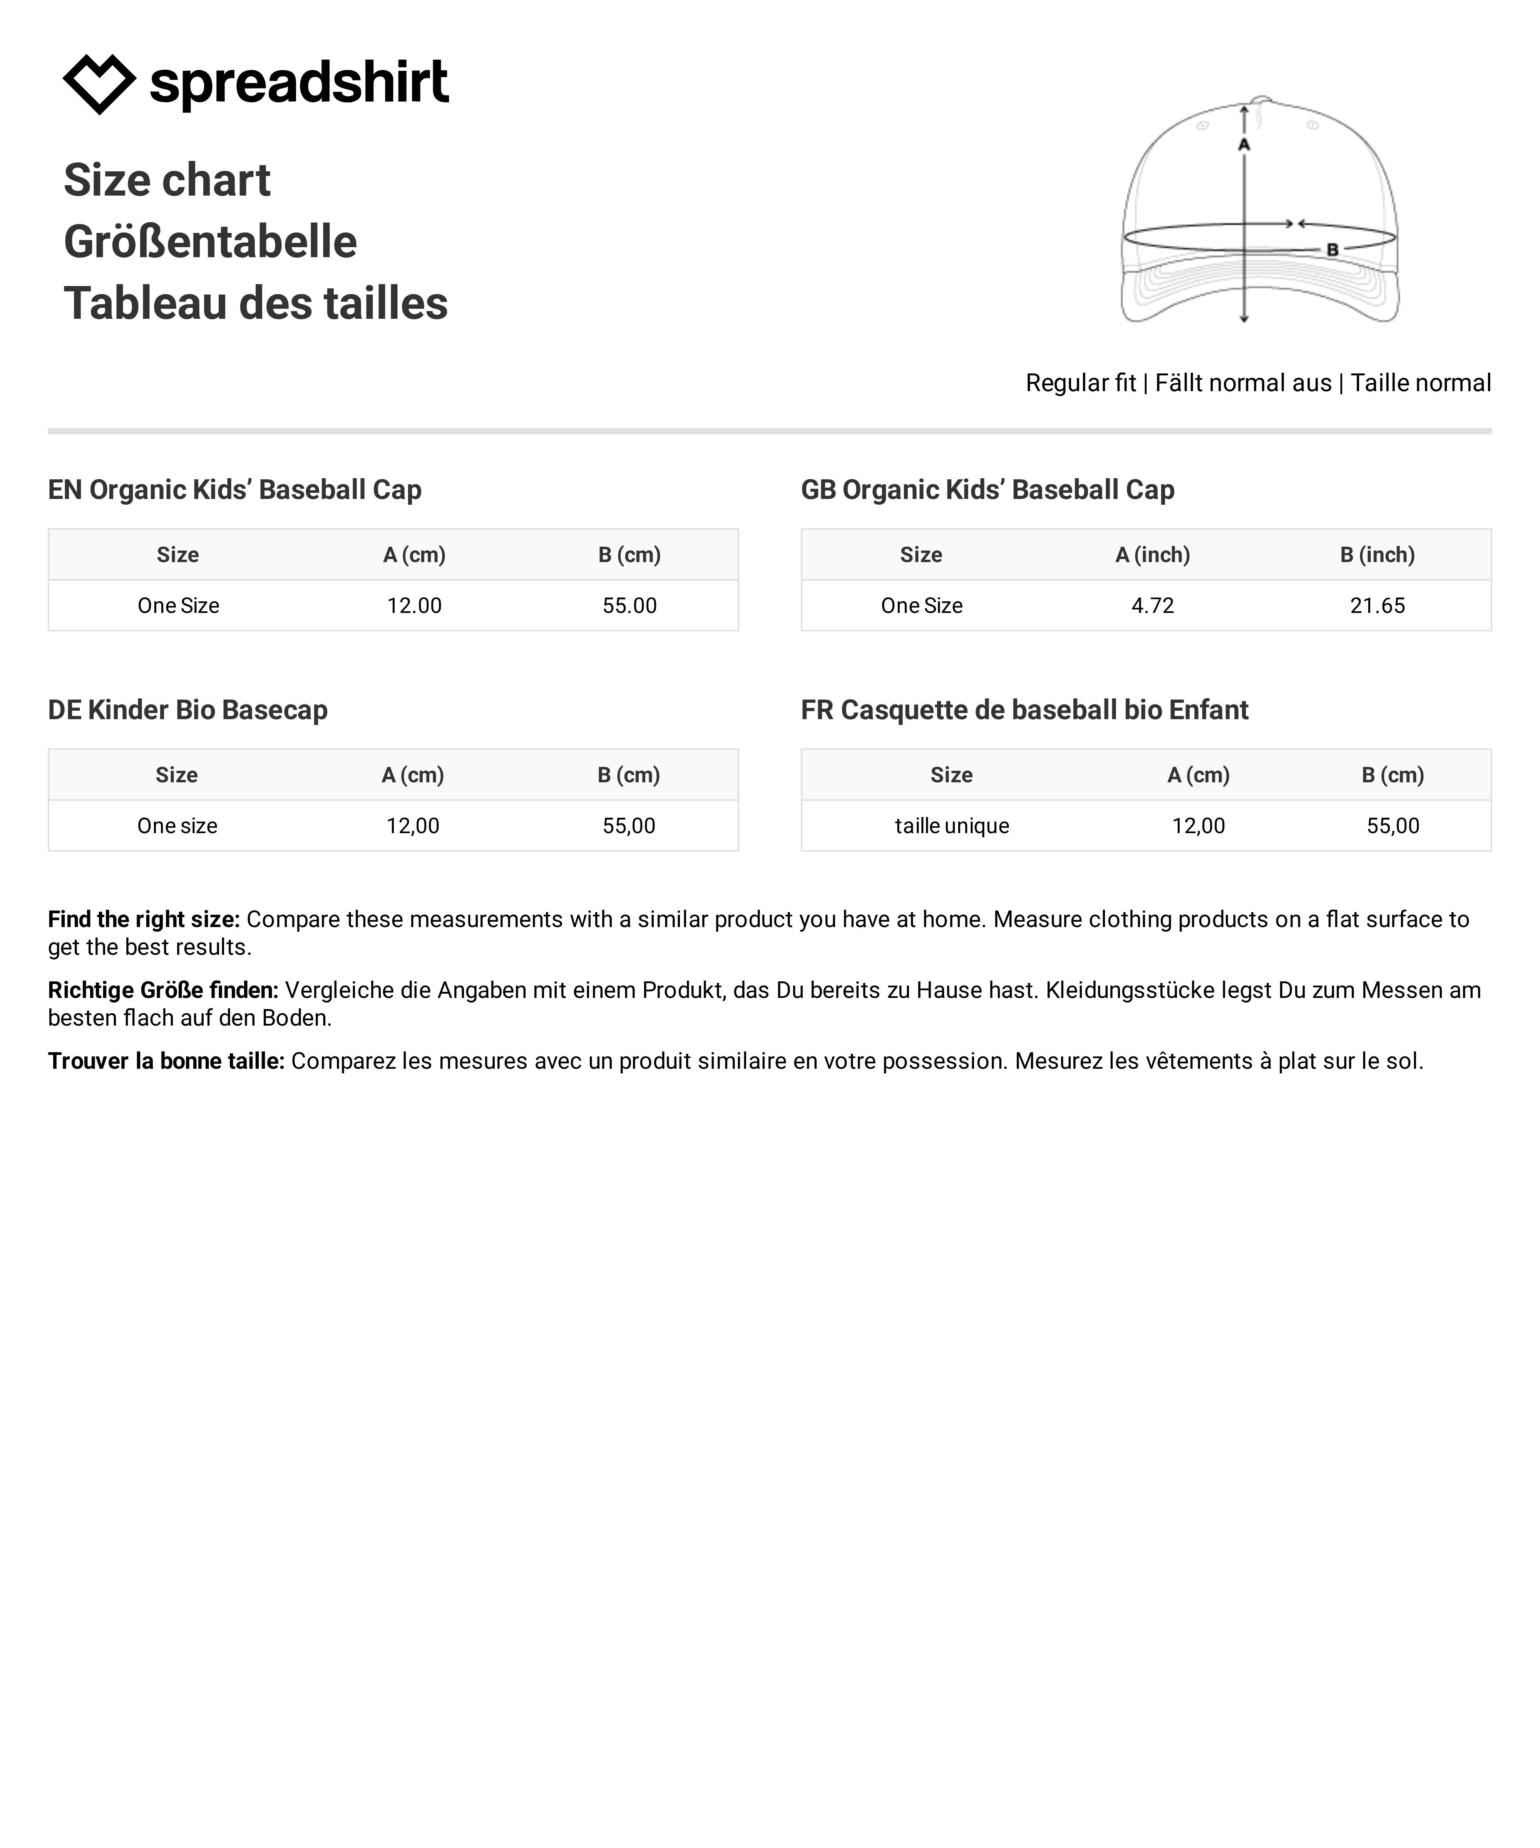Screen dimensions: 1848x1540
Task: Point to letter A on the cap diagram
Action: click(x=1244, y=144)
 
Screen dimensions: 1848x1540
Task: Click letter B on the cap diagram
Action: click(x=1332, y=250)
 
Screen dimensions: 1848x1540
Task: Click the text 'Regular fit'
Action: click(x=1081, y=383)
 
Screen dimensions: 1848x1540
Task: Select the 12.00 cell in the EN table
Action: click(x=415, y=606)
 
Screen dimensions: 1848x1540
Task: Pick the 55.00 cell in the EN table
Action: click(x=629, y=606)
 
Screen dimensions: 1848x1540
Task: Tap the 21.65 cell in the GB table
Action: click(x=1377, y=606)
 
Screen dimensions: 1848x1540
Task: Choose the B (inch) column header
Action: click(x=1377, y=554)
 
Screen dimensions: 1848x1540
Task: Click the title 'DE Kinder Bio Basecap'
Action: click(x=187, y=709)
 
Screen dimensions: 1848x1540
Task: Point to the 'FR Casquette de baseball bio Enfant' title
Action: click(x=1024, y=709)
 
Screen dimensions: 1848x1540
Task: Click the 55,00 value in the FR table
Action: click(x=1392, y=825)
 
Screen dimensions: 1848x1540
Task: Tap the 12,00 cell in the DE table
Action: click(x=413, y=825)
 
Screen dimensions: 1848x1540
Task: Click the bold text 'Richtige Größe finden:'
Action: click(x=163, y=990)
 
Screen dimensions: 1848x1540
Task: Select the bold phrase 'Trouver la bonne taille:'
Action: click(x=166, y=1060)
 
